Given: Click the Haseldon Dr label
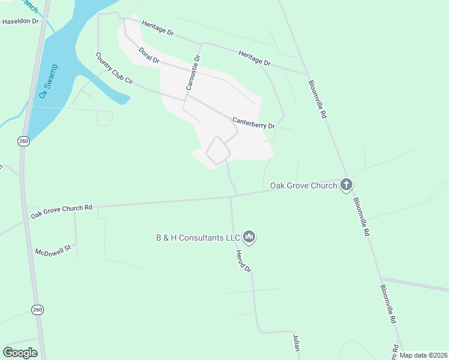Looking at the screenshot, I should point(20,21).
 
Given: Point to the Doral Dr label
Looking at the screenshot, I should point(148,55).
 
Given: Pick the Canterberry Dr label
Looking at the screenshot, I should point(253,122).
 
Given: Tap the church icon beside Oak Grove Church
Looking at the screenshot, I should point(346,185).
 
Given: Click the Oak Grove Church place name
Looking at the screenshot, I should point(303,185).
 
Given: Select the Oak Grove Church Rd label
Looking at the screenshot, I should point(62,211).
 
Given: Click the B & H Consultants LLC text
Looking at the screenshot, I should point(198,238).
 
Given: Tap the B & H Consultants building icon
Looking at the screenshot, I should point(250,238).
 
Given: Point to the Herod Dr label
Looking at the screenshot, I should point(243,261).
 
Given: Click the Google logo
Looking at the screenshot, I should point(20,353).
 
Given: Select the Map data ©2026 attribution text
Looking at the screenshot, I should point(424,355).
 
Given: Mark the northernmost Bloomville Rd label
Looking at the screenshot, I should point(317,99).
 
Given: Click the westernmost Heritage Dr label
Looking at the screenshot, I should point(158,28).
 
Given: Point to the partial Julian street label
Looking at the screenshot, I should point(296,343).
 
